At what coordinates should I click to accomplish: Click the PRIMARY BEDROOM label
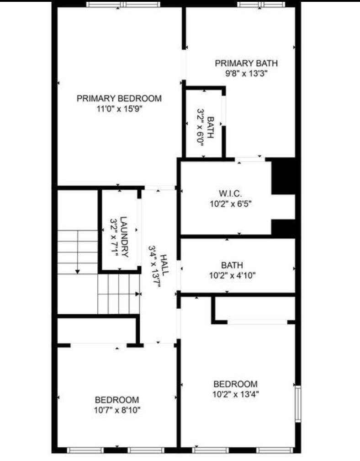(119, 98)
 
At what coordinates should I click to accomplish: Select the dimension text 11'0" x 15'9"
(119, 109)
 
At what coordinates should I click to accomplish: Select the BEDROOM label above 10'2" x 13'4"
(235, 384)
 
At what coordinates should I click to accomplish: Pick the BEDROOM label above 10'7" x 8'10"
(117, 399)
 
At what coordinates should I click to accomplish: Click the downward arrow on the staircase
(78, 271)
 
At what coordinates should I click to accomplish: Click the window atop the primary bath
(261, 5)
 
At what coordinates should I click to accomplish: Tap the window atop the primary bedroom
(123, 5)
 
